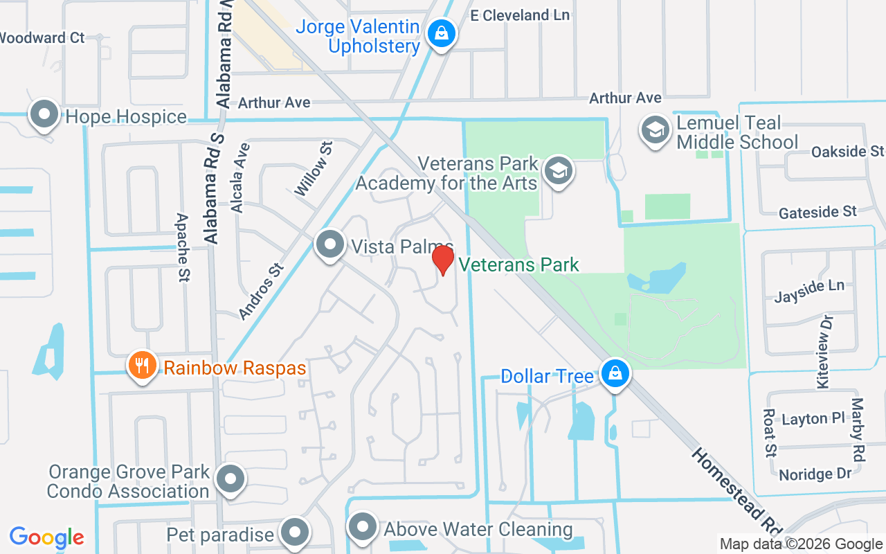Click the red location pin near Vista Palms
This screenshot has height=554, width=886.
443,260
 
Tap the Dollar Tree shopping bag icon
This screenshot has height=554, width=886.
613,374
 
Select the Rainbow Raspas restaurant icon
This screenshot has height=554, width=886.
142,365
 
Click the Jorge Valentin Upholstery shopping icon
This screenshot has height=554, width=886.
440,33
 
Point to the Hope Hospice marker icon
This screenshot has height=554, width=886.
45,114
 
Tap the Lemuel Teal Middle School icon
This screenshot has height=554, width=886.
654,129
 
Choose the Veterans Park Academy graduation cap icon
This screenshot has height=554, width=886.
558,170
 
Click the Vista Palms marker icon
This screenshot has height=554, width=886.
330,244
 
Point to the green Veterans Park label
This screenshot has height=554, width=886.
518,265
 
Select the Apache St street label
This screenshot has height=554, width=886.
183,247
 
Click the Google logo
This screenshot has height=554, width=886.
47,537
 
